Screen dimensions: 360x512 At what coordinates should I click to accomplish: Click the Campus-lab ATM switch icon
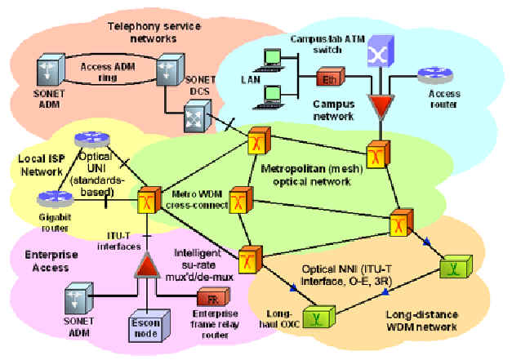click(379, 56)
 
